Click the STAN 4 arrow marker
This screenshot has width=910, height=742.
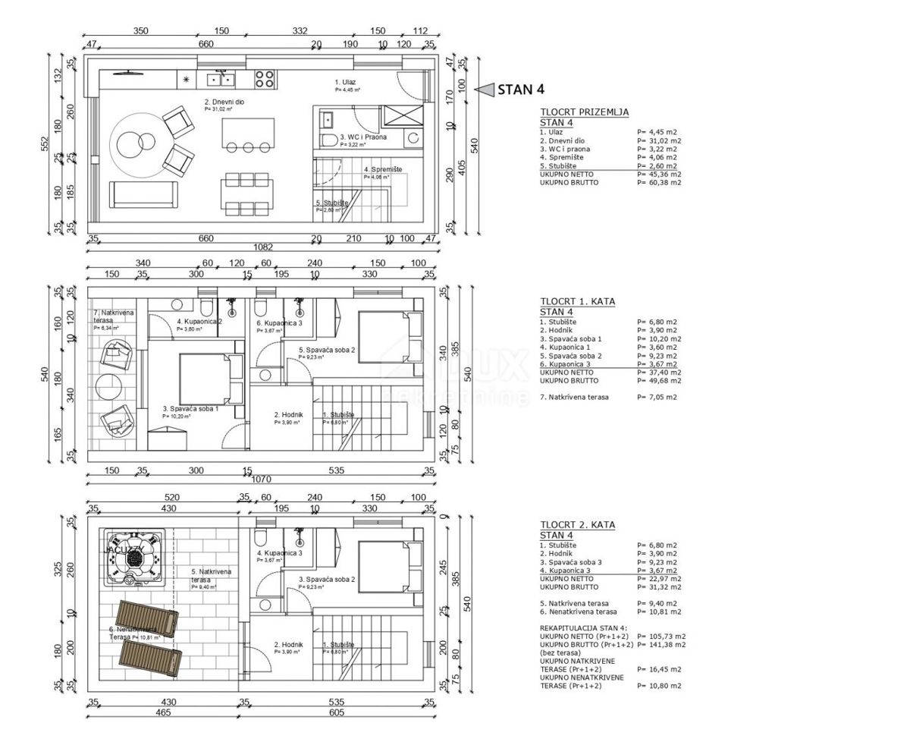click(482, 90)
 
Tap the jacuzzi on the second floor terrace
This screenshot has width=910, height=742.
click(135, 558)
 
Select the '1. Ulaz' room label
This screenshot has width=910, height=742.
click(346, 82)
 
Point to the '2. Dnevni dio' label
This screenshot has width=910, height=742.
click(224, 102)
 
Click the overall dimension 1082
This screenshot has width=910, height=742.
click(262, 247)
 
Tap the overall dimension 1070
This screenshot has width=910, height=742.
click(262, 480)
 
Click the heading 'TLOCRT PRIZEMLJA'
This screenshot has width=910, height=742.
click(584, 112)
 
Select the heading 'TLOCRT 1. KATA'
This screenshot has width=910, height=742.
click(578, 301)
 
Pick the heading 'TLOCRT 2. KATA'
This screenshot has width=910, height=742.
click(578, 525)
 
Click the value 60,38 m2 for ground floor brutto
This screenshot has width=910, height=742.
click(659, 183)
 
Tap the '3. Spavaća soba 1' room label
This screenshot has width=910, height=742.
click(190, 409)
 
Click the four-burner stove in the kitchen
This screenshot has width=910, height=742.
click(264, 78)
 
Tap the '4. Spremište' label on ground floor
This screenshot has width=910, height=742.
click(383, 170)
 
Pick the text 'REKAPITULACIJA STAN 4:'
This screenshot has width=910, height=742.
click(584, 628)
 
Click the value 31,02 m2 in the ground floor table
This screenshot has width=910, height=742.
click(659, 140)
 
